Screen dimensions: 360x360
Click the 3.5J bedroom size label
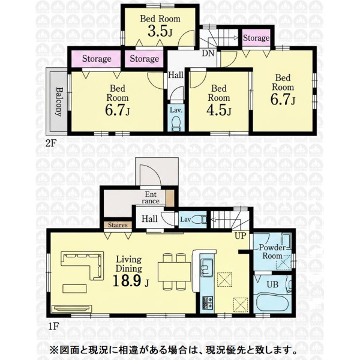click(x=160, y=31)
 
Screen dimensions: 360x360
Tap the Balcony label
click(x=59, y=101)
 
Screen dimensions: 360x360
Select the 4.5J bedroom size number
click(x=219, y=110)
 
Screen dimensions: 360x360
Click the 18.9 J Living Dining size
click(x=131, y=280)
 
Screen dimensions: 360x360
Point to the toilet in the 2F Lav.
click(x=176, y=123)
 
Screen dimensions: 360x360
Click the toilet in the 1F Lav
click(x=199, y=219)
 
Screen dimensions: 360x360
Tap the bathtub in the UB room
click(x=272, y=302)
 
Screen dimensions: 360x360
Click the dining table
click(x=175, y=272)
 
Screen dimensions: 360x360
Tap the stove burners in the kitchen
click(x=208, y=302)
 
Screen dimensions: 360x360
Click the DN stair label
click(x=208, y=53)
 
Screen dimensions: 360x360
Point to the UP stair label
click(x=240, y=235)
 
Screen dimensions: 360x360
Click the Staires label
click(x=118, y=225)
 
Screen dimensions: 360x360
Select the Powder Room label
click(x=272, y=251)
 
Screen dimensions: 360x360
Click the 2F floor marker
click(x=50, y=143)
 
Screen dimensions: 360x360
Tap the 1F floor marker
click(x=53, y=326)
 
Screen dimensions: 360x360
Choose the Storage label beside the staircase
click(x=256, y=38)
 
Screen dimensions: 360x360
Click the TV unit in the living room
click(x=71, y=309)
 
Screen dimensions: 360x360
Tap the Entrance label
click(x=151, y=197)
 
